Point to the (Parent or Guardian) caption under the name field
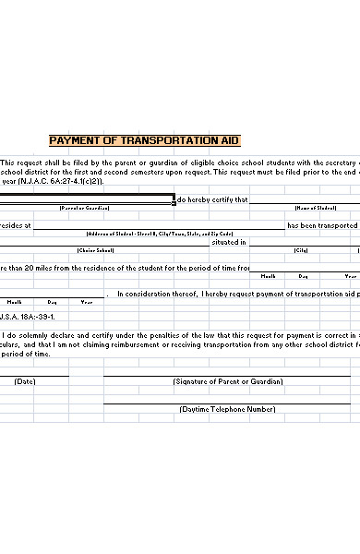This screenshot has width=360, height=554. point(85,208)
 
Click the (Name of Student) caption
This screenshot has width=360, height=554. point(314,208)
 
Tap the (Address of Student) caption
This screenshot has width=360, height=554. point(160,234)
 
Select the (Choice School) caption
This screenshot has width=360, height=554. point(96,250)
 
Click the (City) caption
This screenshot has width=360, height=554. point(301,250)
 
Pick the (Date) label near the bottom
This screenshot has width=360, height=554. point(25,380)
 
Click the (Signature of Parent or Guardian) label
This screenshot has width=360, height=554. point(228,380)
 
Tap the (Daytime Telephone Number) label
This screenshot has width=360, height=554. point(228,408)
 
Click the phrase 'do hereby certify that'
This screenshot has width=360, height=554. point(212,199)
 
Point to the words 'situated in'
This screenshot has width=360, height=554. point(229,242)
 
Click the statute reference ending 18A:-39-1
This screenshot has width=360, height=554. point(28,316)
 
